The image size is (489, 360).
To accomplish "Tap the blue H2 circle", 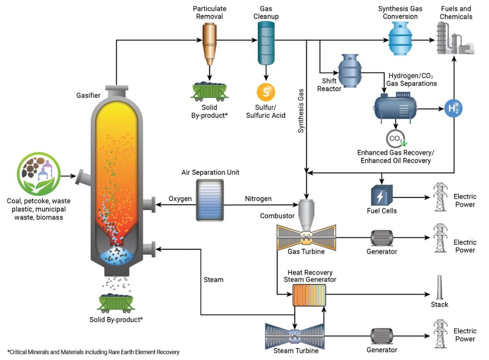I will click(x=454, y=109).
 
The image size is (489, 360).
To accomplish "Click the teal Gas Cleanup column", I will click(x=265, y=42).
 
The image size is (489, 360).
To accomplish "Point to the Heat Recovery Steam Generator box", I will click(x=309, y=295).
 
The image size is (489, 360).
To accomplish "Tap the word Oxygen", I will click(x=180, y=199).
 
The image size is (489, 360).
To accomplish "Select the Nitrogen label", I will click(x=258, y=199).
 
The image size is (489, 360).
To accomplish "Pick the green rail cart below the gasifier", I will click(x=116, y=303).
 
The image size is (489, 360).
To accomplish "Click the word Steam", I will click(x=213, y=280).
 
